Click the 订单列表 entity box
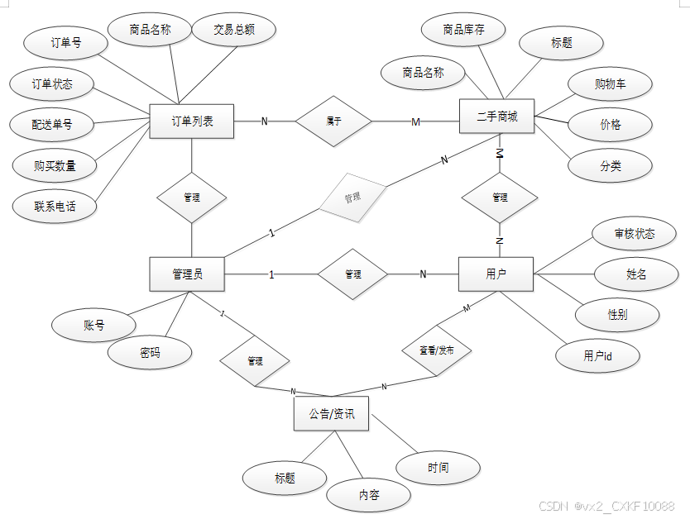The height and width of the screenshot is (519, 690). click(x=192, y=121)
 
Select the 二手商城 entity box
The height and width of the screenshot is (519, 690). click(x=497, y=117)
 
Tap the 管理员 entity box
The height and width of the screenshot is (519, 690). click(x=187, y=274)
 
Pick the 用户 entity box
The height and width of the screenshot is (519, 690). click(x=496, y=274)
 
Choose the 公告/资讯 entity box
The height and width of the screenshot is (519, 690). click(x=331, y=414)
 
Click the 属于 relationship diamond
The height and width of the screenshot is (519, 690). click(x=333, y=121)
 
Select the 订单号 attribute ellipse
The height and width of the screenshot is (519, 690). click(x=65, y=43)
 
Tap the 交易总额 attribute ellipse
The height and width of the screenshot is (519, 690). click(x=233, y=30)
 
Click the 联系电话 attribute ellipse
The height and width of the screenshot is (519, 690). click(x=55, y=206)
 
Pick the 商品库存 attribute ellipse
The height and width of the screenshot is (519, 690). click(x=463, y=30)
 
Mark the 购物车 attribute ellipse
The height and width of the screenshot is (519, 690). click(x=610, y=84)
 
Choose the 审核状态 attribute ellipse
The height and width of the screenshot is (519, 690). click(x=634, y=234)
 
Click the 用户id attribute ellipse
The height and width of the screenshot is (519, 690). click(x=598, y=356)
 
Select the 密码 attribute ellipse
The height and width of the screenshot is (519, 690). click(x=150, y=353)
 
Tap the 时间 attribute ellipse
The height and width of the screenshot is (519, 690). click(x=438, y=468)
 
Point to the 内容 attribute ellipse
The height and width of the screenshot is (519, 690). click(x=368, y=495)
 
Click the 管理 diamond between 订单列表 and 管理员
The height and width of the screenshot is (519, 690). click(x=192, y=198)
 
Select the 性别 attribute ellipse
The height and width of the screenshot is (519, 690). click(x=617, y=315)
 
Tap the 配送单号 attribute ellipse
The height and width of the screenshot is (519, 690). click(x=52, y=125)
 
